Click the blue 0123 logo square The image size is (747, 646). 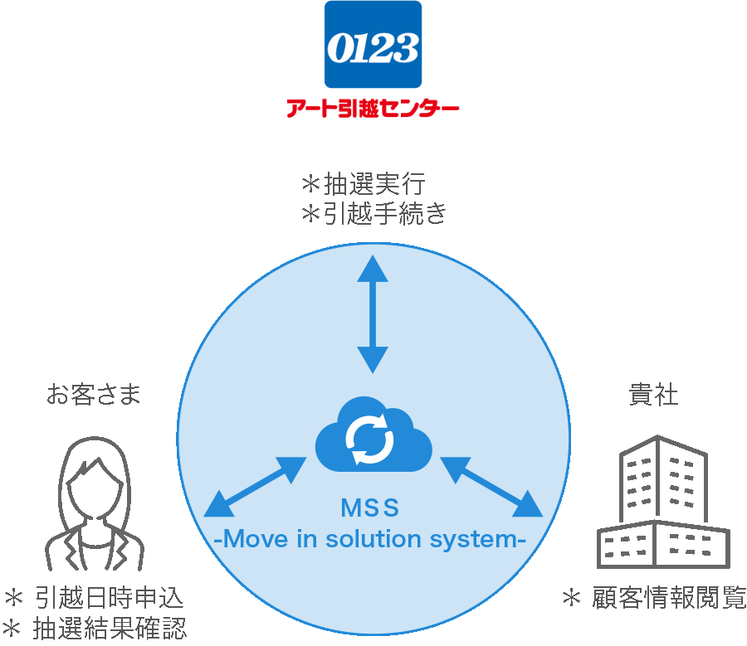pyautogui.click(x=373, y=44)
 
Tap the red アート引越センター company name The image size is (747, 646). pyautogui.click(x=373, y=109)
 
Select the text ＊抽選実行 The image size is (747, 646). pyautogui.click(x=363, y=183)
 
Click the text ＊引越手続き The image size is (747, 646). pyautogui.click(x=373, y=214)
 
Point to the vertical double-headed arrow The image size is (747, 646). pyautogui.click(x=373, y=314)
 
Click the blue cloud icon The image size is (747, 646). pyautogui.click(x=373, y=435)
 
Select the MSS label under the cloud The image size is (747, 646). pyautogui.click(x=370, y=507)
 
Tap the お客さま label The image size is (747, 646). pyautogui.click(x=94, y=395)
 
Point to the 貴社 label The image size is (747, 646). pyautogui.click(x=653, y=395)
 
